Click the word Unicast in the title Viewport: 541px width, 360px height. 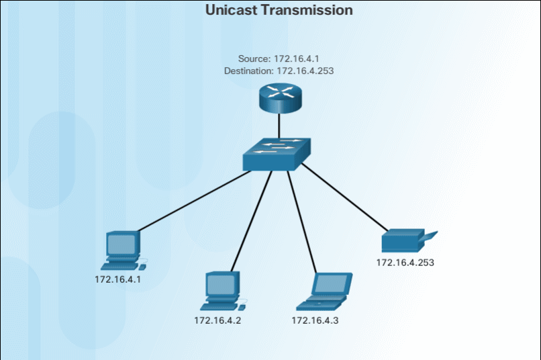[x=232, y=10]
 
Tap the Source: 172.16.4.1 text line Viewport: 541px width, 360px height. [x=278, y=59]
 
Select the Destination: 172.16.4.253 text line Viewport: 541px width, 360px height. [x=279, y=70]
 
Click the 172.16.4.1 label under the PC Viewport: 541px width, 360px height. [x=117, y=279]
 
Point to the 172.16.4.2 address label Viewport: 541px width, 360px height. [x=217, y=320]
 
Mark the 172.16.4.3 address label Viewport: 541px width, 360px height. [x=315, y=320]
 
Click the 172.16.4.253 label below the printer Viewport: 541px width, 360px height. [x=405, y=263]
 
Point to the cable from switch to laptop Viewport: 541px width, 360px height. [x=303, y=222]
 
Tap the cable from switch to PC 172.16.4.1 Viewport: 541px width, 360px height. [x=194, y=201]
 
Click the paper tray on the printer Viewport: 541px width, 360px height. [x=430, y=236]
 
